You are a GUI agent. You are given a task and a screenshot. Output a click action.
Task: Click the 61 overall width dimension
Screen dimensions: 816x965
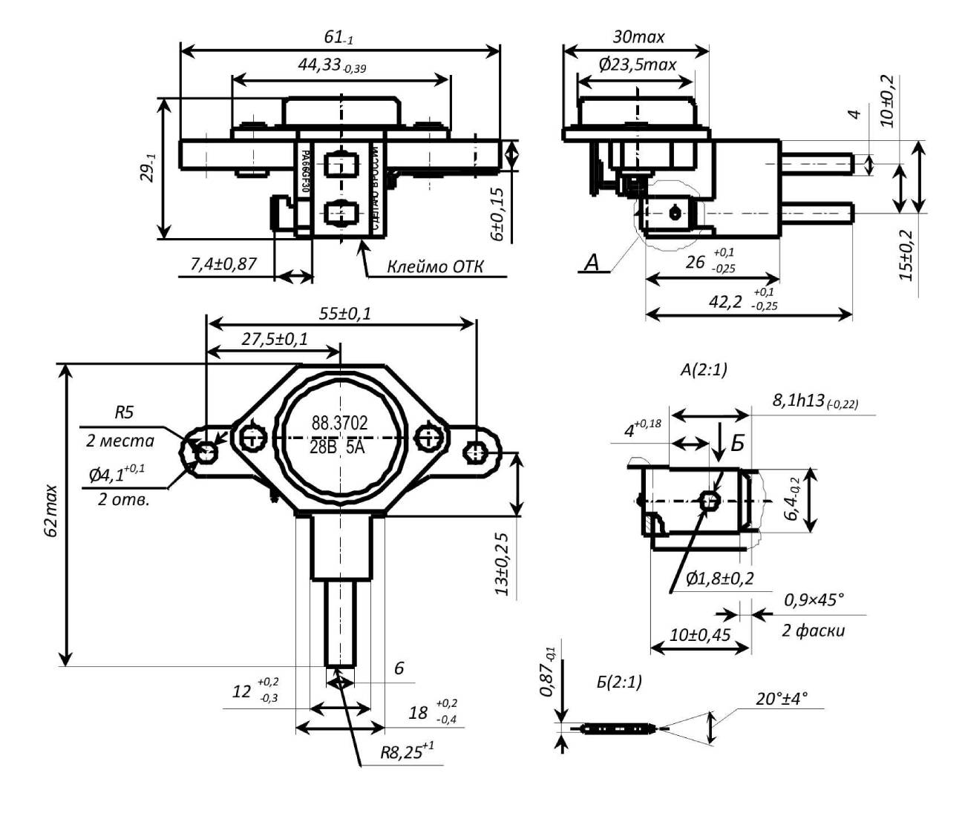coord(341,37)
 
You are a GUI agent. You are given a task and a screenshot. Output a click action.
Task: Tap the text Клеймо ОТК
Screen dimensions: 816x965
coord(434,266)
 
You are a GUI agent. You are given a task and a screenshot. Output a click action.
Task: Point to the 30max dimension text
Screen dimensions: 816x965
coord(638,36)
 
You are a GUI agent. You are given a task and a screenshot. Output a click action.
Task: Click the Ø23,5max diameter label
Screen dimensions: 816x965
coord(638,65)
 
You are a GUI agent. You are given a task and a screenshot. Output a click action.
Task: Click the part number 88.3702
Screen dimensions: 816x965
coord(339,424)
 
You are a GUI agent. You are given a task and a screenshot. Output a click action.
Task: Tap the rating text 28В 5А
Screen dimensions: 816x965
coord(339,450)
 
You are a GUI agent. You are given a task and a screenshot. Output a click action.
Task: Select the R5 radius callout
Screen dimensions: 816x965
coord(124,412)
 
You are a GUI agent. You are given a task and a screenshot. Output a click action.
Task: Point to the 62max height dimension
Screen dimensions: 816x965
coord(50,512)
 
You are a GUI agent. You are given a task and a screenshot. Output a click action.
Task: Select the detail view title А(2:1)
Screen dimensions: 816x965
coord(703,369)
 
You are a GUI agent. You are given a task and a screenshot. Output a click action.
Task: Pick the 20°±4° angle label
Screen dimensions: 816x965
coord(782,698)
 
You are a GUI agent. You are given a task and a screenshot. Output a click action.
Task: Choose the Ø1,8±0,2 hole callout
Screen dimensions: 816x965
coord(719,579)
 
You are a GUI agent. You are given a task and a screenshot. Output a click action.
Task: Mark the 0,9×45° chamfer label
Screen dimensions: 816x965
coord(814,599)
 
